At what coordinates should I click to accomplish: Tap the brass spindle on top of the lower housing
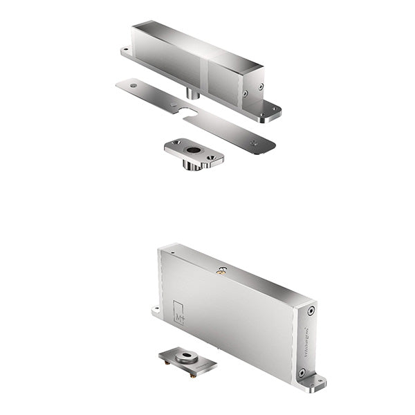click(221, 270)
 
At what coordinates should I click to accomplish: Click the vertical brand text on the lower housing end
click(303, 332)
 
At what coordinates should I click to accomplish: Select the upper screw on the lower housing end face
click(311, 311)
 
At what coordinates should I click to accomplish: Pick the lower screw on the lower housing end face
click(302, 372)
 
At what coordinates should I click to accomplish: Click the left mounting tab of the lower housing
click(156, 310)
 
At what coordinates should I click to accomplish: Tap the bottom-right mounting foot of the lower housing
click(317, 381)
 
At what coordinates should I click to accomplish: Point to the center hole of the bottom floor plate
click(187, 358)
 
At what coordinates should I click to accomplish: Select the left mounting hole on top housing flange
click(126, 50)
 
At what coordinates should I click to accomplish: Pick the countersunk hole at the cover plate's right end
click(255, 142)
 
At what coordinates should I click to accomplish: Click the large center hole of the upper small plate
click(193, 149)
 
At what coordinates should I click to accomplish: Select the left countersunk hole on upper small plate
click(174, 143)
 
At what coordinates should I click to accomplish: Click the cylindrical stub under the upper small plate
click(191, 165)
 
